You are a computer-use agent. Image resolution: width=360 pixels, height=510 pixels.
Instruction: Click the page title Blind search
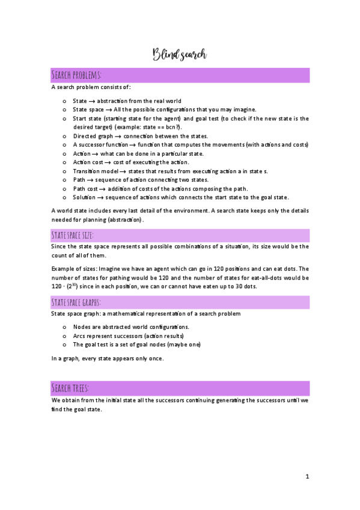tap(180, 55)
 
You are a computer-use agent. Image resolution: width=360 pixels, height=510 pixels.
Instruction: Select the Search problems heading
tap(76, 75)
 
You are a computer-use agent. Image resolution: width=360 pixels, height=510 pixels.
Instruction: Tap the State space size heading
tap(73, 235)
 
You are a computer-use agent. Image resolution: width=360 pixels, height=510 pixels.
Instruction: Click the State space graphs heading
tap(76, 301)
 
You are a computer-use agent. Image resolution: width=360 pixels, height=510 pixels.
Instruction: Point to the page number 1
tap(307, 477)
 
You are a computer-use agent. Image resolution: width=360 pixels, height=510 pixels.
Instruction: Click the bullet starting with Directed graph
tap(140, 136)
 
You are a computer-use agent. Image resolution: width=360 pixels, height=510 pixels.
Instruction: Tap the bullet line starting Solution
tap(180, 197)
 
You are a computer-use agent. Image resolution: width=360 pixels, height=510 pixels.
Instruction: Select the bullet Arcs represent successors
tap(128, 336)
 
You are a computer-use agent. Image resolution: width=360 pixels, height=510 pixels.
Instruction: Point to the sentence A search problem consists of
tap(87, 88)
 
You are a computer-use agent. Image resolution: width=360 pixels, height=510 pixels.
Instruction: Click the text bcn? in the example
tap(173, 127)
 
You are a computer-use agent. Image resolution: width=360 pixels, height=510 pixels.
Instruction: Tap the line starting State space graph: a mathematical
tap(146, 314)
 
